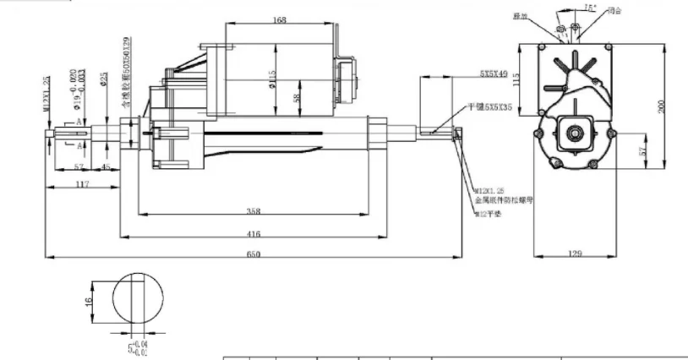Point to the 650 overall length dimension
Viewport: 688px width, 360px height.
click(x=254, y=254)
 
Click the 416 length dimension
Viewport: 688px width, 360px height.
click(x=254, y=233)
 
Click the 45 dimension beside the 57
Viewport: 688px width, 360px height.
click(x=106, y=166)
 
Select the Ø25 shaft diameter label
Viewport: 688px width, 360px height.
click(x=103, y=79)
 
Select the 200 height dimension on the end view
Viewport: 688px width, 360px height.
click(x=663, y=105)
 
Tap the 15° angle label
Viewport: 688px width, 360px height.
click(x=589, y=8)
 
